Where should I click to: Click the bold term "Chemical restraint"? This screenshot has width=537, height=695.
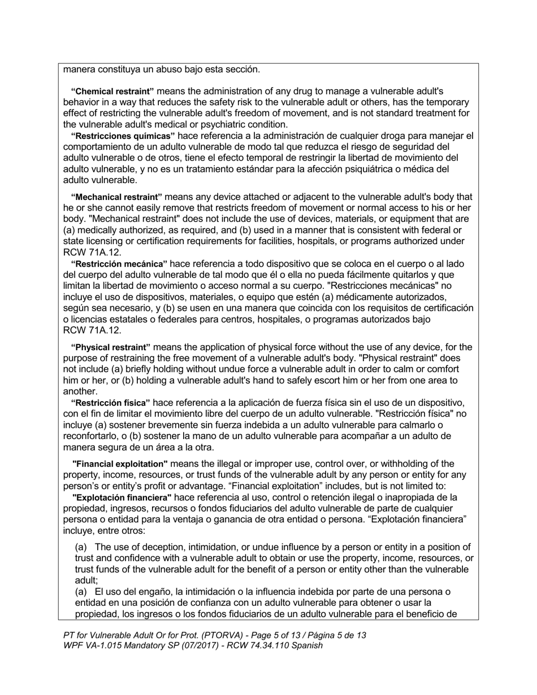pyautogui.click(x=112, y=91)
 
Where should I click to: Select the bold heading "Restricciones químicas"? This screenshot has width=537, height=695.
pyautogui.click(x=123, y=136)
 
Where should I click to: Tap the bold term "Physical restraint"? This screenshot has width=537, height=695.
pyautogui.click(x=111, y=347)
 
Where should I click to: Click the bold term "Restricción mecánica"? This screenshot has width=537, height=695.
pyautogui.click(x=119, y=264)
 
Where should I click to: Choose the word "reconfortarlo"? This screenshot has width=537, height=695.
pyautogui.click(x=92, y=436)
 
